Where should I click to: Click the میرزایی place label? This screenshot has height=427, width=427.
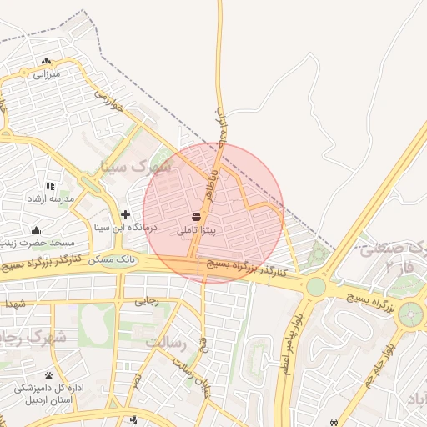tap(45, 74)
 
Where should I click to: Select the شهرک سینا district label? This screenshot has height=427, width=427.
tap(136, 166)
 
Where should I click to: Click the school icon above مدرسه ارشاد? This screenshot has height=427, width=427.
tap(50, 186)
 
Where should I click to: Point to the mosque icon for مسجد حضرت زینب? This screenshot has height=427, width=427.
tap(35, 230)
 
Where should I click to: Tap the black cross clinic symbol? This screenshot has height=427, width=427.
tap(125, 214)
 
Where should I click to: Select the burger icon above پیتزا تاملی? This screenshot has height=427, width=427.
tap(196, 217)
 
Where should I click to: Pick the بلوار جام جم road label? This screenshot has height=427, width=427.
tap(379, 367)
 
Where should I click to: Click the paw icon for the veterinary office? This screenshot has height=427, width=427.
tap(49, 375)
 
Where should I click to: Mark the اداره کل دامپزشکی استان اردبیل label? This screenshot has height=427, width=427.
tap(48, 394)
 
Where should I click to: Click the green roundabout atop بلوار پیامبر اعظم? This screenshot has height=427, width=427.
tap(315, 287)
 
